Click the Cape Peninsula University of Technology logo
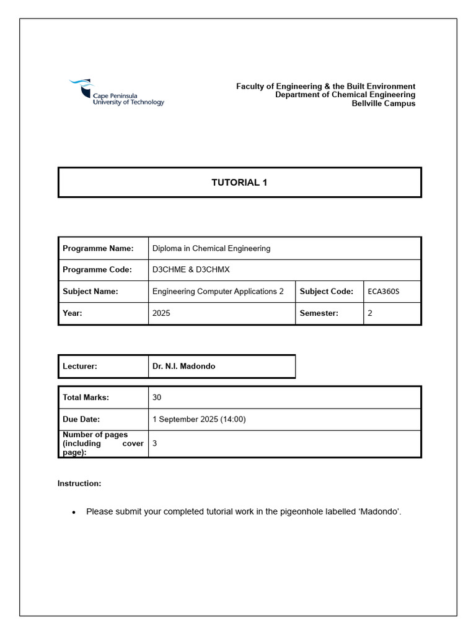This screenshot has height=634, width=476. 116,93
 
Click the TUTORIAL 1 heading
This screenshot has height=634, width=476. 239,183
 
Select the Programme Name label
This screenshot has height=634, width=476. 98,248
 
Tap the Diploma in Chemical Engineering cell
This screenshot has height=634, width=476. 211,248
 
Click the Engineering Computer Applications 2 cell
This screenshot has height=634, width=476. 218,292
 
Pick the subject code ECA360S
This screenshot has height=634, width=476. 384,292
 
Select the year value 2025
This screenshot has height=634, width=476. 161,313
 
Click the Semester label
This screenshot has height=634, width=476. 319,313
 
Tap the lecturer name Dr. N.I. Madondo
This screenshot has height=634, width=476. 184,367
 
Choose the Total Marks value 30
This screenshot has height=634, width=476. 157,397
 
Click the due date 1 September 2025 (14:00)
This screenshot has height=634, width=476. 199,419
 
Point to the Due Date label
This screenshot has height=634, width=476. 81,419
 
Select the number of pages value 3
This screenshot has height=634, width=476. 154,443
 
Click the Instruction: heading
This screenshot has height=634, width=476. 79,483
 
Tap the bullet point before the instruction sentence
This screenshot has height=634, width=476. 74,513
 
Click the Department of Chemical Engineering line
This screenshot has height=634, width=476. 345,95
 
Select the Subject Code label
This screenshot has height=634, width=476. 327,292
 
